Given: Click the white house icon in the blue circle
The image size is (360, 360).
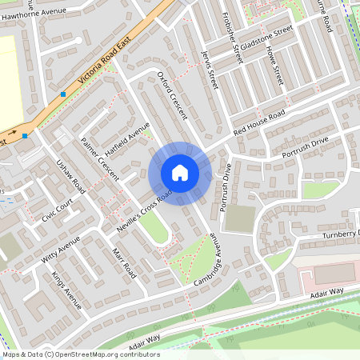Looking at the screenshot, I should coord(180,172).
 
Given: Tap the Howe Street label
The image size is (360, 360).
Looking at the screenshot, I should coord(274,64).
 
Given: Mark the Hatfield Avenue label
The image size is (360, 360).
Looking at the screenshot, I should coord(127,138).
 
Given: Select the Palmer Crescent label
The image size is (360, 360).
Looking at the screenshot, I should coord(99,157).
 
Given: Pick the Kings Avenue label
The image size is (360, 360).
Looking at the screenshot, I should coord(66,290).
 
